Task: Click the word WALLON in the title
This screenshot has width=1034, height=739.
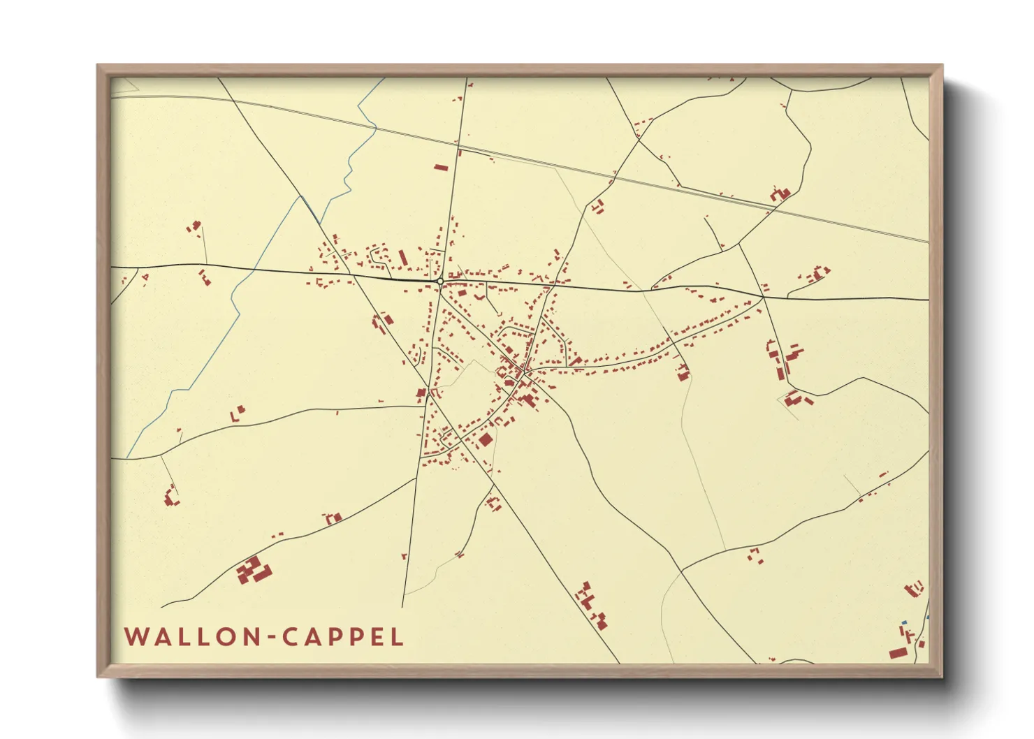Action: (192, 637)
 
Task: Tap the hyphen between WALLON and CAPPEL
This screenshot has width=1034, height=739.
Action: (272, 638)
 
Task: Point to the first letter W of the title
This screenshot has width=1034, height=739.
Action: (135, 637)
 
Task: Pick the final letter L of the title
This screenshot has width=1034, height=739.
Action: (398, 637)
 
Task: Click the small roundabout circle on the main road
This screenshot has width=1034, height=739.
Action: (440, 281)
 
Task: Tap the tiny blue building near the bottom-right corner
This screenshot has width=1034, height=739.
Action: (904, 622)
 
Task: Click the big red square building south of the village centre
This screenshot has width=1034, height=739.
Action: (486, 439)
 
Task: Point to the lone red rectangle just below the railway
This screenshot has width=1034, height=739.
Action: (440, 167)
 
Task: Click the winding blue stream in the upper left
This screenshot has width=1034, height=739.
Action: (349, 168)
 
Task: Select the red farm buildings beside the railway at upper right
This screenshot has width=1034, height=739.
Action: (780, 193)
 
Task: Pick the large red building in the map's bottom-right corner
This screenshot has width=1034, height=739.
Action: (898, 653)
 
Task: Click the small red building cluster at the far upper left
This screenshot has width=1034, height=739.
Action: (194, 226)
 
